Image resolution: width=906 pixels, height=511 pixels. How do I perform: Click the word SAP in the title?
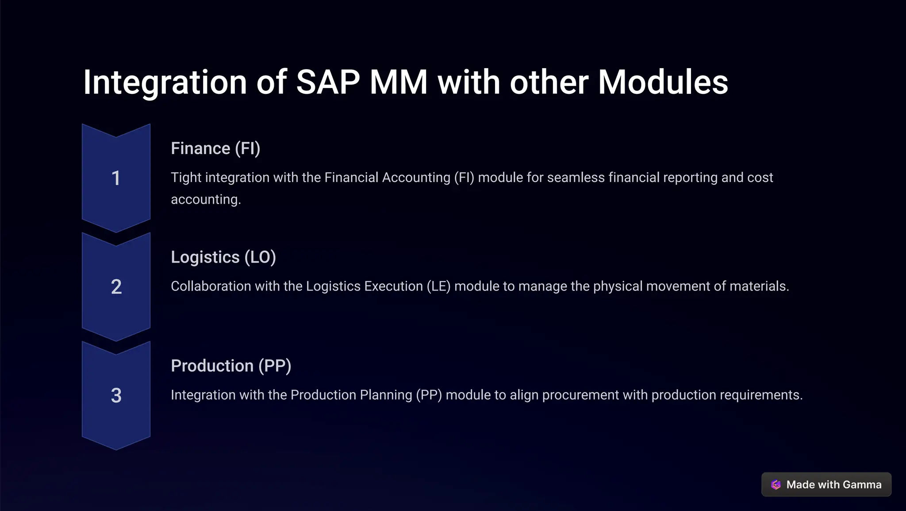coord(328,82)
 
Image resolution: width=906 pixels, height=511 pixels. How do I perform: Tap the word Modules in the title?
coord(663,82)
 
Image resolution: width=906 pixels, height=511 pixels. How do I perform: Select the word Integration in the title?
coord(165,82)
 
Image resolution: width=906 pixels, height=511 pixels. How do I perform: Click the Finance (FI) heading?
coord(215,148)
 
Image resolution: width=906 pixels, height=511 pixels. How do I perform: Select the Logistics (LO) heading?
coord(223,257)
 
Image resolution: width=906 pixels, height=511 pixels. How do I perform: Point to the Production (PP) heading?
coord(231,366)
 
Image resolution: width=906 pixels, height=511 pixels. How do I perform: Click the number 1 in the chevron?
coord(116,178)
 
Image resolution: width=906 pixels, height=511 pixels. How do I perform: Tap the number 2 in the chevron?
coord(116,287)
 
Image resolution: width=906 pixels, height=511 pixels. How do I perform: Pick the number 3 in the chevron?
coord(116,395)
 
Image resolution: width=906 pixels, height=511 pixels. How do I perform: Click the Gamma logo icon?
coord(776,485)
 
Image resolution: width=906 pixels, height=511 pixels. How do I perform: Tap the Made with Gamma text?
coord(833,485)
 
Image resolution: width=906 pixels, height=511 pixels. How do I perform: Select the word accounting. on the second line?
coord(206,200)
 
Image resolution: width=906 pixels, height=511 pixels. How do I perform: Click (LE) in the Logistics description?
coord(438,286)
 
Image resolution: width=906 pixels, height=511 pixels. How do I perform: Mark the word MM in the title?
coord(399,82)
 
